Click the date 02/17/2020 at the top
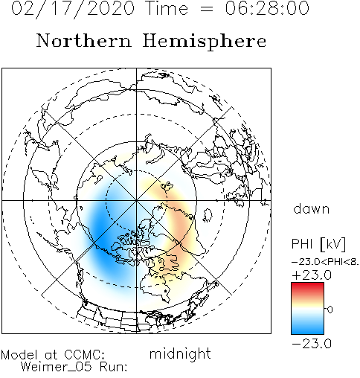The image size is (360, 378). click(74, 9)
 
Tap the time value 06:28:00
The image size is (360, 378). click(267, 8)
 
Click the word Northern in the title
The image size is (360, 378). click(84, 41)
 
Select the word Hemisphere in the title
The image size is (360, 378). click(205, 42)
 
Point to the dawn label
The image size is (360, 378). click(312, 208)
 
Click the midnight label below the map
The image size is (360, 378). click(180, 353)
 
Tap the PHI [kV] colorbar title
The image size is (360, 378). click(318, 244)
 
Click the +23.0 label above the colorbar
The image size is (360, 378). click(312, 275)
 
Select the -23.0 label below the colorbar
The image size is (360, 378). click(312, 344)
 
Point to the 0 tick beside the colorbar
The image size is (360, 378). click(330, 310)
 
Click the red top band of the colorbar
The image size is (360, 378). click(307, 288)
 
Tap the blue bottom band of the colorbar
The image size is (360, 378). click(307, 329)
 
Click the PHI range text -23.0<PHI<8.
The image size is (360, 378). click(325, 262)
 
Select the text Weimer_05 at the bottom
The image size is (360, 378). click(56, 367)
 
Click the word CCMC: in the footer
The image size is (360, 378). click(85, 355)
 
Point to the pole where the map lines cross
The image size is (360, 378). click(136, 200)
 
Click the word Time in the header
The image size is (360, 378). click(167, 8)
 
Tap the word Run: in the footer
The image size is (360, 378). click(113, 366)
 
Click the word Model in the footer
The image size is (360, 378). click(19, 355)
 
